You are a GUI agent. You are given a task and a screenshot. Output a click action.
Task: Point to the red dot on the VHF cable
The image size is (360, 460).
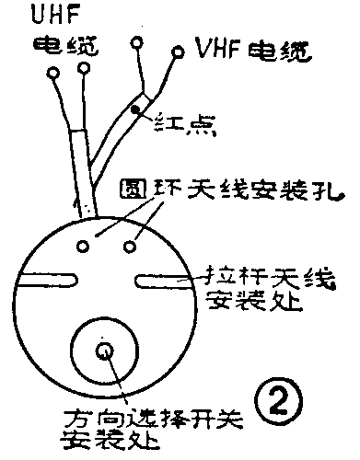[x=135, y=109]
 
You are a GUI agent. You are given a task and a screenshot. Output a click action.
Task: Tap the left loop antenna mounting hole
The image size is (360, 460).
[x=86, y=245]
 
